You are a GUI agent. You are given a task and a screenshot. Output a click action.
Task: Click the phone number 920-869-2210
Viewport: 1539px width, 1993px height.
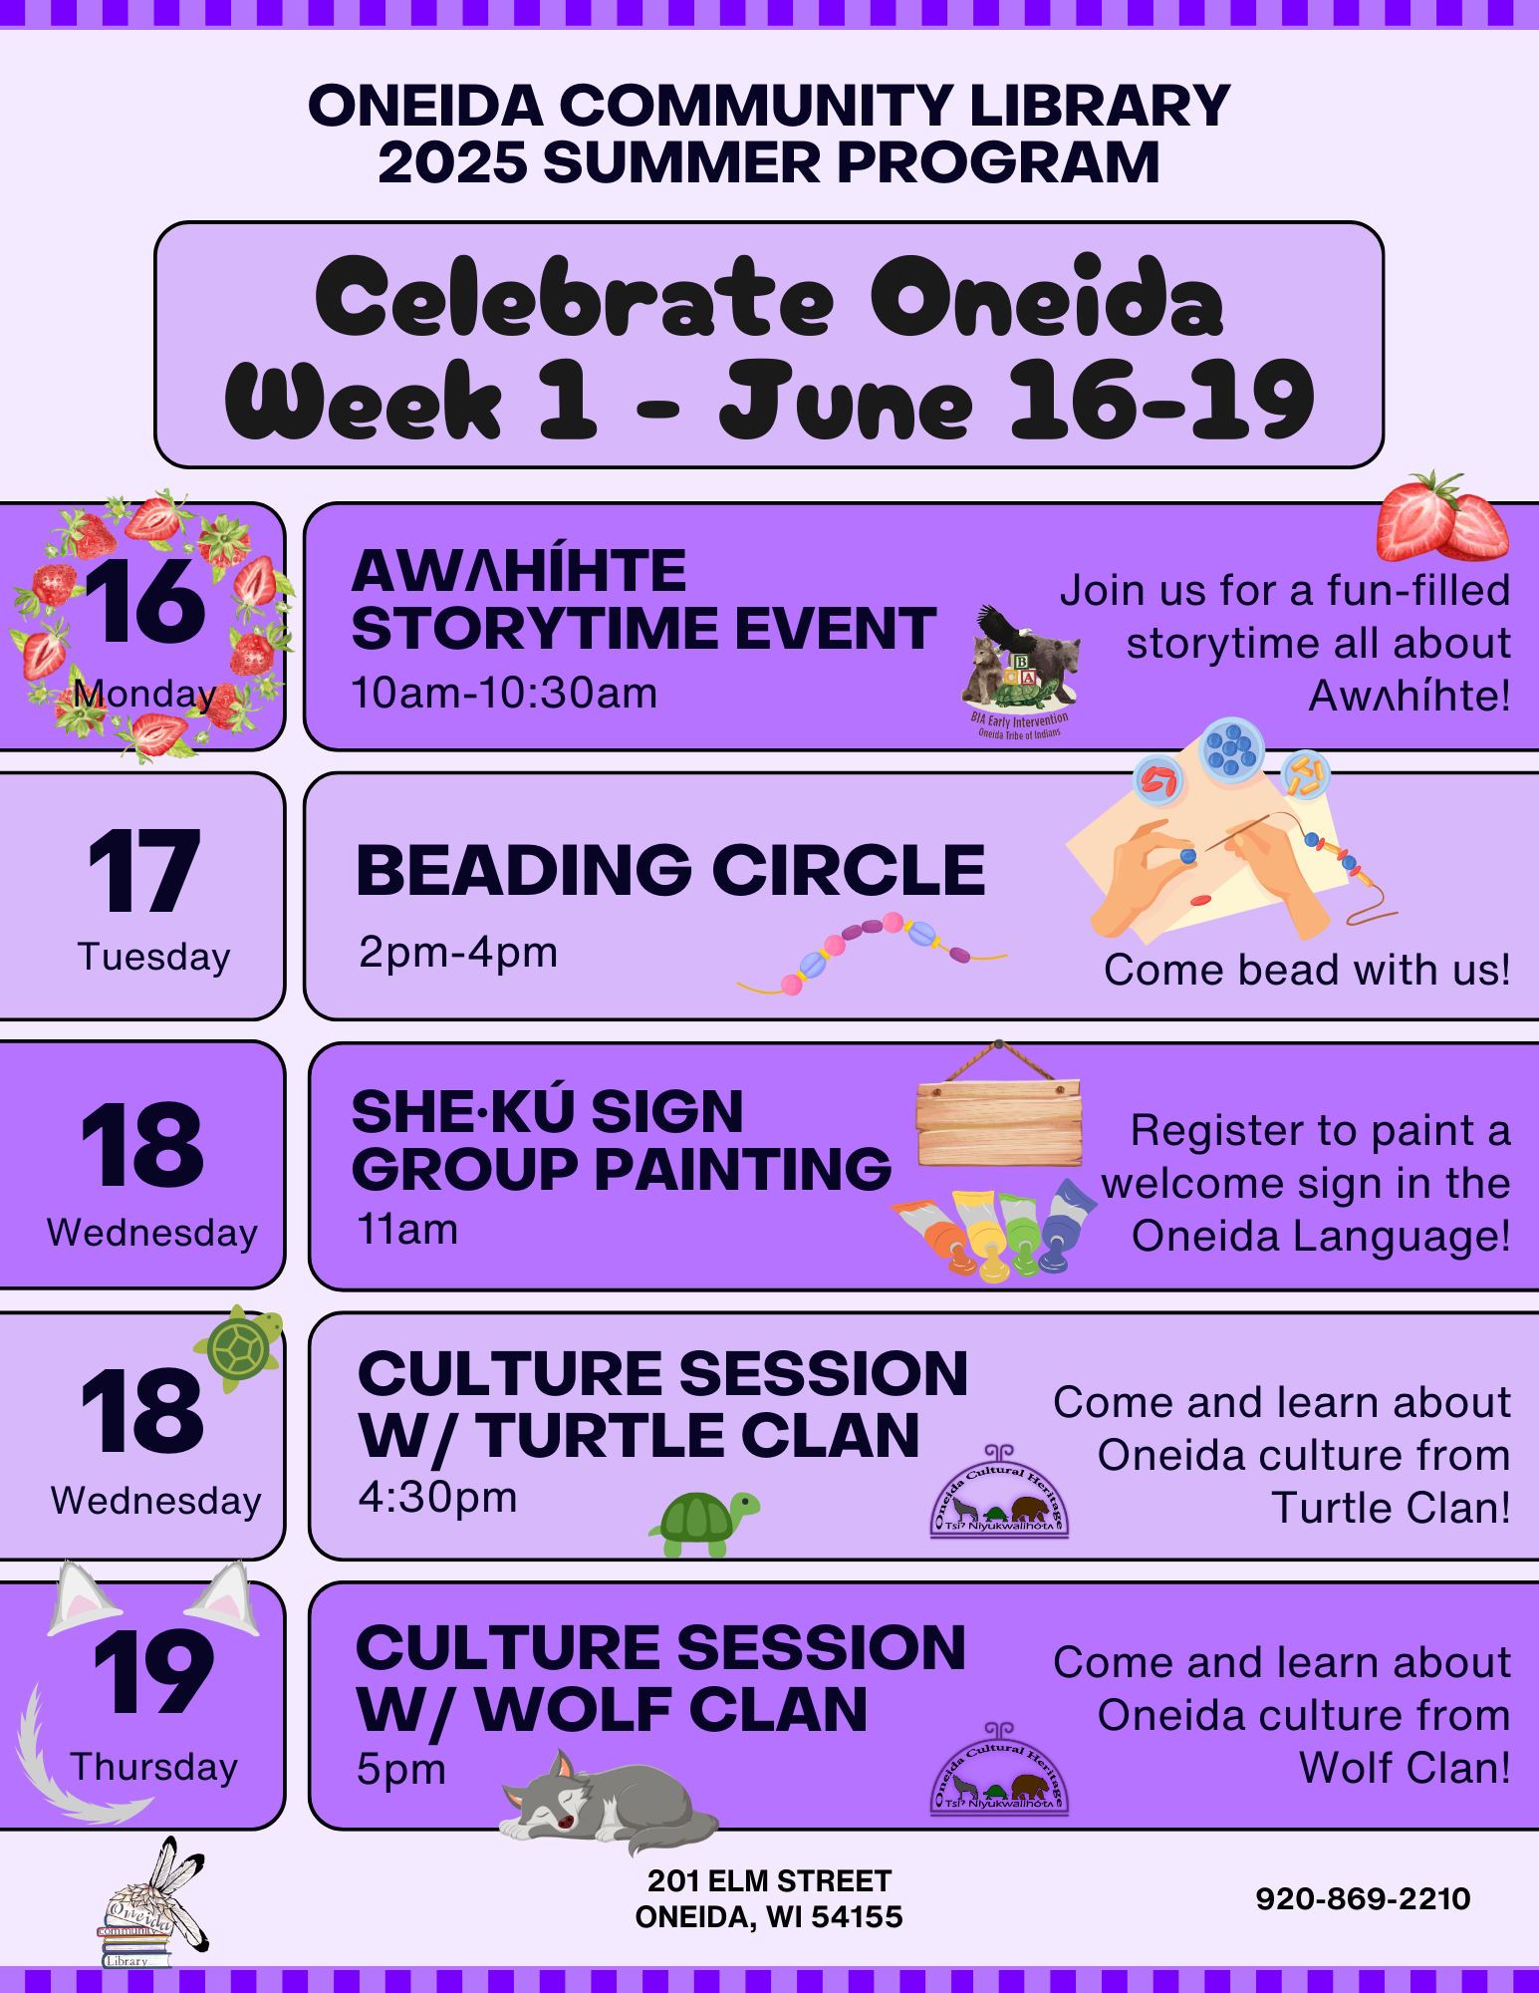1363,1898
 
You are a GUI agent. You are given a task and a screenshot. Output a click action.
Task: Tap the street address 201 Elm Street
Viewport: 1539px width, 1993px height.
769,1880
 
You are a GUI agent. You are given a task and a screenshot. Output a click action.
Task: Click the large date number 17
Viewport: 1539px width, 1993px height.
144,871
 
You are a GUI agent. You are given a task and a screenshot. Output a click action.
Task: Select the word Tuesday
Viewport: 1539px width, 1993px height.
154,957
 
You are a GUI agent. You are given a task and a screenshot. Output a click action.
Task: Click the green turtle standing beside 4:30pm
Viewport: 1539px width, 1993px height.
704,1523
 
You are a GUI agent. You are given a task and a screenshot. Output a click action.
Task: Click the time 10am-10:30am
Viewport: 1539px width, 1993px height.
504,693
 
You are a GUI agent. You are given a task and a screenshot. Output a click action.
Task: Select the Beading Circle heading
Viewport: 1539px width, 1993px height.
670,870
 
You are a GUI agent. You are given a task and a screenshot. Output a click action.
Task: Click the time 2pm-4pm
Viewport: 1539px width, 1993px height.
457,953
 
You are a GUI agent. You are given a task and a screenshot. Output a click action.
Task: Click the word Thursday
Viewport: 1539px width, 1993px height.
154,1767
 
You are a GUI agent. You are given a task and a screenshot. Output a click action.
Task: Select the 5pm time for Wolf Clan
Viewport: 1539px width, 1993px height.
401,1771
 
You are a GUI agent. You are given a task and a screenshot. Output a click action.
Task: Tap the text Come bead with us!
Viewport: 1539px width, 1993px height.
1307,970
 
